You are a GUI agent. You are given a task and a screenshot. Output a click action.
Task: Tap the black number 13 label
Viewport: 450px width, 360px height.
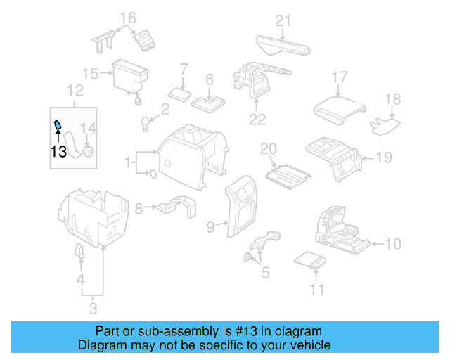[x=59, y=150]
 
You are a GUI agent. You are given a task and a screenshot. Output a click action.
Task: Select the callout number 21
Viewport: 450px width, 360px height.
[x=282, y=20]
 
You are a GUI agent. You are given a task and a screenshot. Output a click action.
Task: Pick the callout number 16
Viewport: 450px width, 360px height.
[x=127, y=18]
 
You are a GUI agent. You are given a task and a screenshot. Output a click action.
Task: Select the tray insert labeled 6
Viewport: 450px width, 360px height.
[x=209, y=103]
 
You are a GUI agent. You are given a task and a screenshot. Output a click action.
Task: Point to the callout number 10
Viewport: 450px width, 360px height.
[x=393, y=244]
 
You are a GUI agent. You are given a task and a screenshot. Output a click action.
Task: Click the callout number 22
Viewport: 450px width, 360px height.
[x=257, y=119]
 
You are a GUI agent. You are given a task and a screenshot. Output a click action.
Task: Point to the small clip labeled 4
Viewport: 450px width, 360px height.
[x=79, y=252]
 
